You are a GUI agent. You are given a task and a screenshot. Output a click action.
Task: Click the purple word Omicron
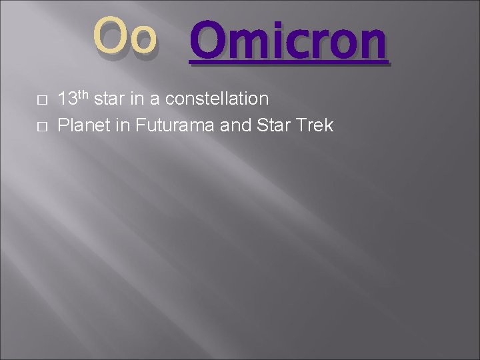pos(287,41)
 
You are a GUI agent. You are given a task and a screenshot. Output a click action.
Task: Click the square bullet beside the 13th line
pos(41,101)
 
